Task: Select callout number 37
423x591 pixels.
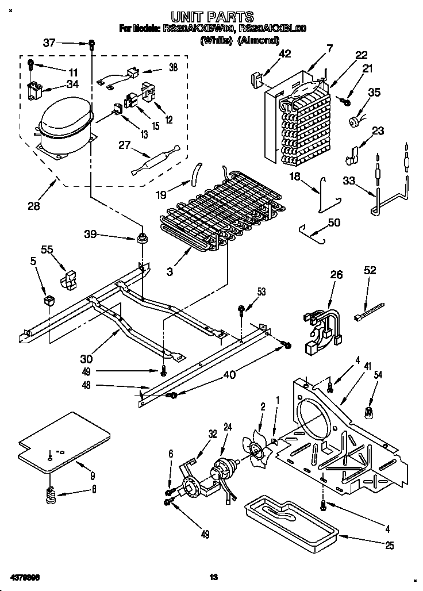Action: coord(50,42)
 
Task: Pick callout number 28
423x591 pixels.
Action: coord(34,204)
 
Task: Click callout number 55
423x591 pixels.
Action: coord(47,249)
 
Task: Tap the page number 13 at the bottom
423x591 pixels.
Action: coord(214,577)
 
